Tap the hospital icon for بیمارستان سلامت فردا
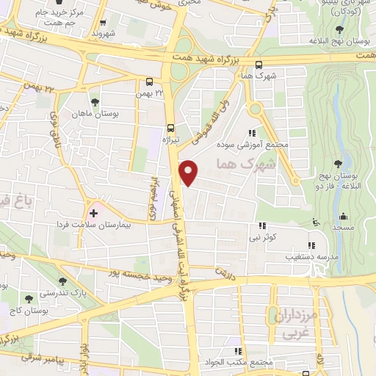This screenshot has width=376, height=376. [x=93, y=212]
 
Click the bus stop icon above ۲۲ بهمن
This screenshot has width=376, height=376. [x=150, y=82]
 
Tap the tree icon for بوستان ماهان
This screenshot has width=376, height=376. [x=94, y=102]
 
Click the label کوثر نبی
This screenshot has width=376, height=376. [x=264, y=238]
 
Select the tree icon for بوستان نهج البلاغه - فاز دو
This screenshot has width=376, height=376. [x=338, y=163]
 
